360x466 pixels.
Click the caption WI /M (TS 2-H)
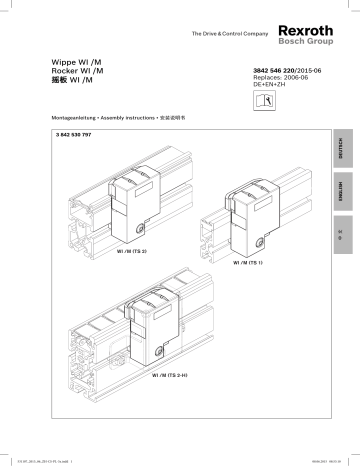pos(170,374)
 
